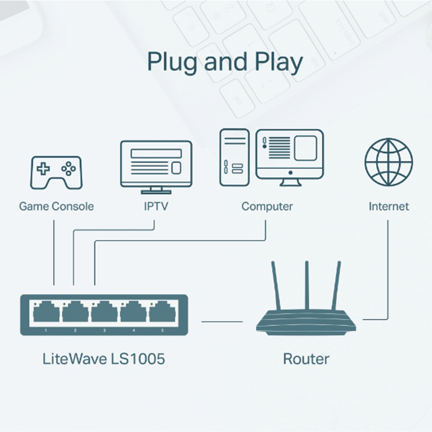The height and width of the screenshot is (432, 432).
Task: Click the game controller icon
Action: (56, 172)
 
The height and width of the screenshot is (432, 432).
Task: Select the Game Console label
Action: (56, 206)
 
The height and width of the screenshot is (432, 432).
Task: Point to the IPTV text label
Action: (156, 206)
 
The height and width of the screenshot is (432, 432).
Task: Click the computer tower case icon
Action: (234, 157)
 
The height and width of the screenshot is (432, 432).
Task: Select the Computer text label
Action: (267, 206)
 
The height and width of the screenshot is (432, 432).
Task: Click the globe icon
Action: (388, 162)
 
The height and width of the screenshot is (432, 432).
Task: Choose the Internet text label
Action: (388, 206)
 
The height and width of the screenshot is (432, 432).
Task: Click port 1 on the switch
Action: (46, 312)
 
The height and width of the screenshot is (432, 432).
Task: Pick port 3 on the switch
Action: (104, 312)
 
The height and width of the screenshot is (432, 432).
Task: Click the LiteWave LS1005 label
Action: (104, 359)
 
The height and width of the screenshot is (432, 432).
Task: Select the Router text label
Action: (306, 359)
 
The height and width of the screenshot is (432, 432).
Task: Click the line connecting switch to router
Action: (222, 321)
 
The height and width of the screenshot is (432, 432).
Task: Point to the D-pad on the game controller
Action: (43, 168)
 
